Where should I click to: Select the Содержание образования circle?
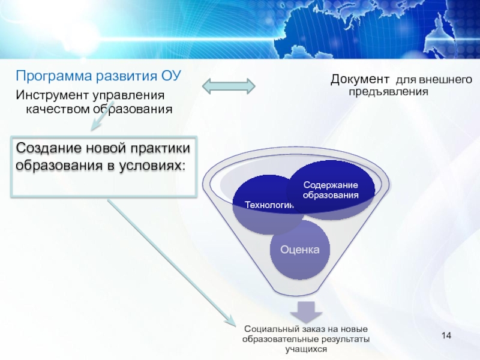[331, 190]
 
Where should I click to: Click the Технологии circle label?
[268, 205]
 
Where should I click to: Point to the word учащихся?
[306, 349]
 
